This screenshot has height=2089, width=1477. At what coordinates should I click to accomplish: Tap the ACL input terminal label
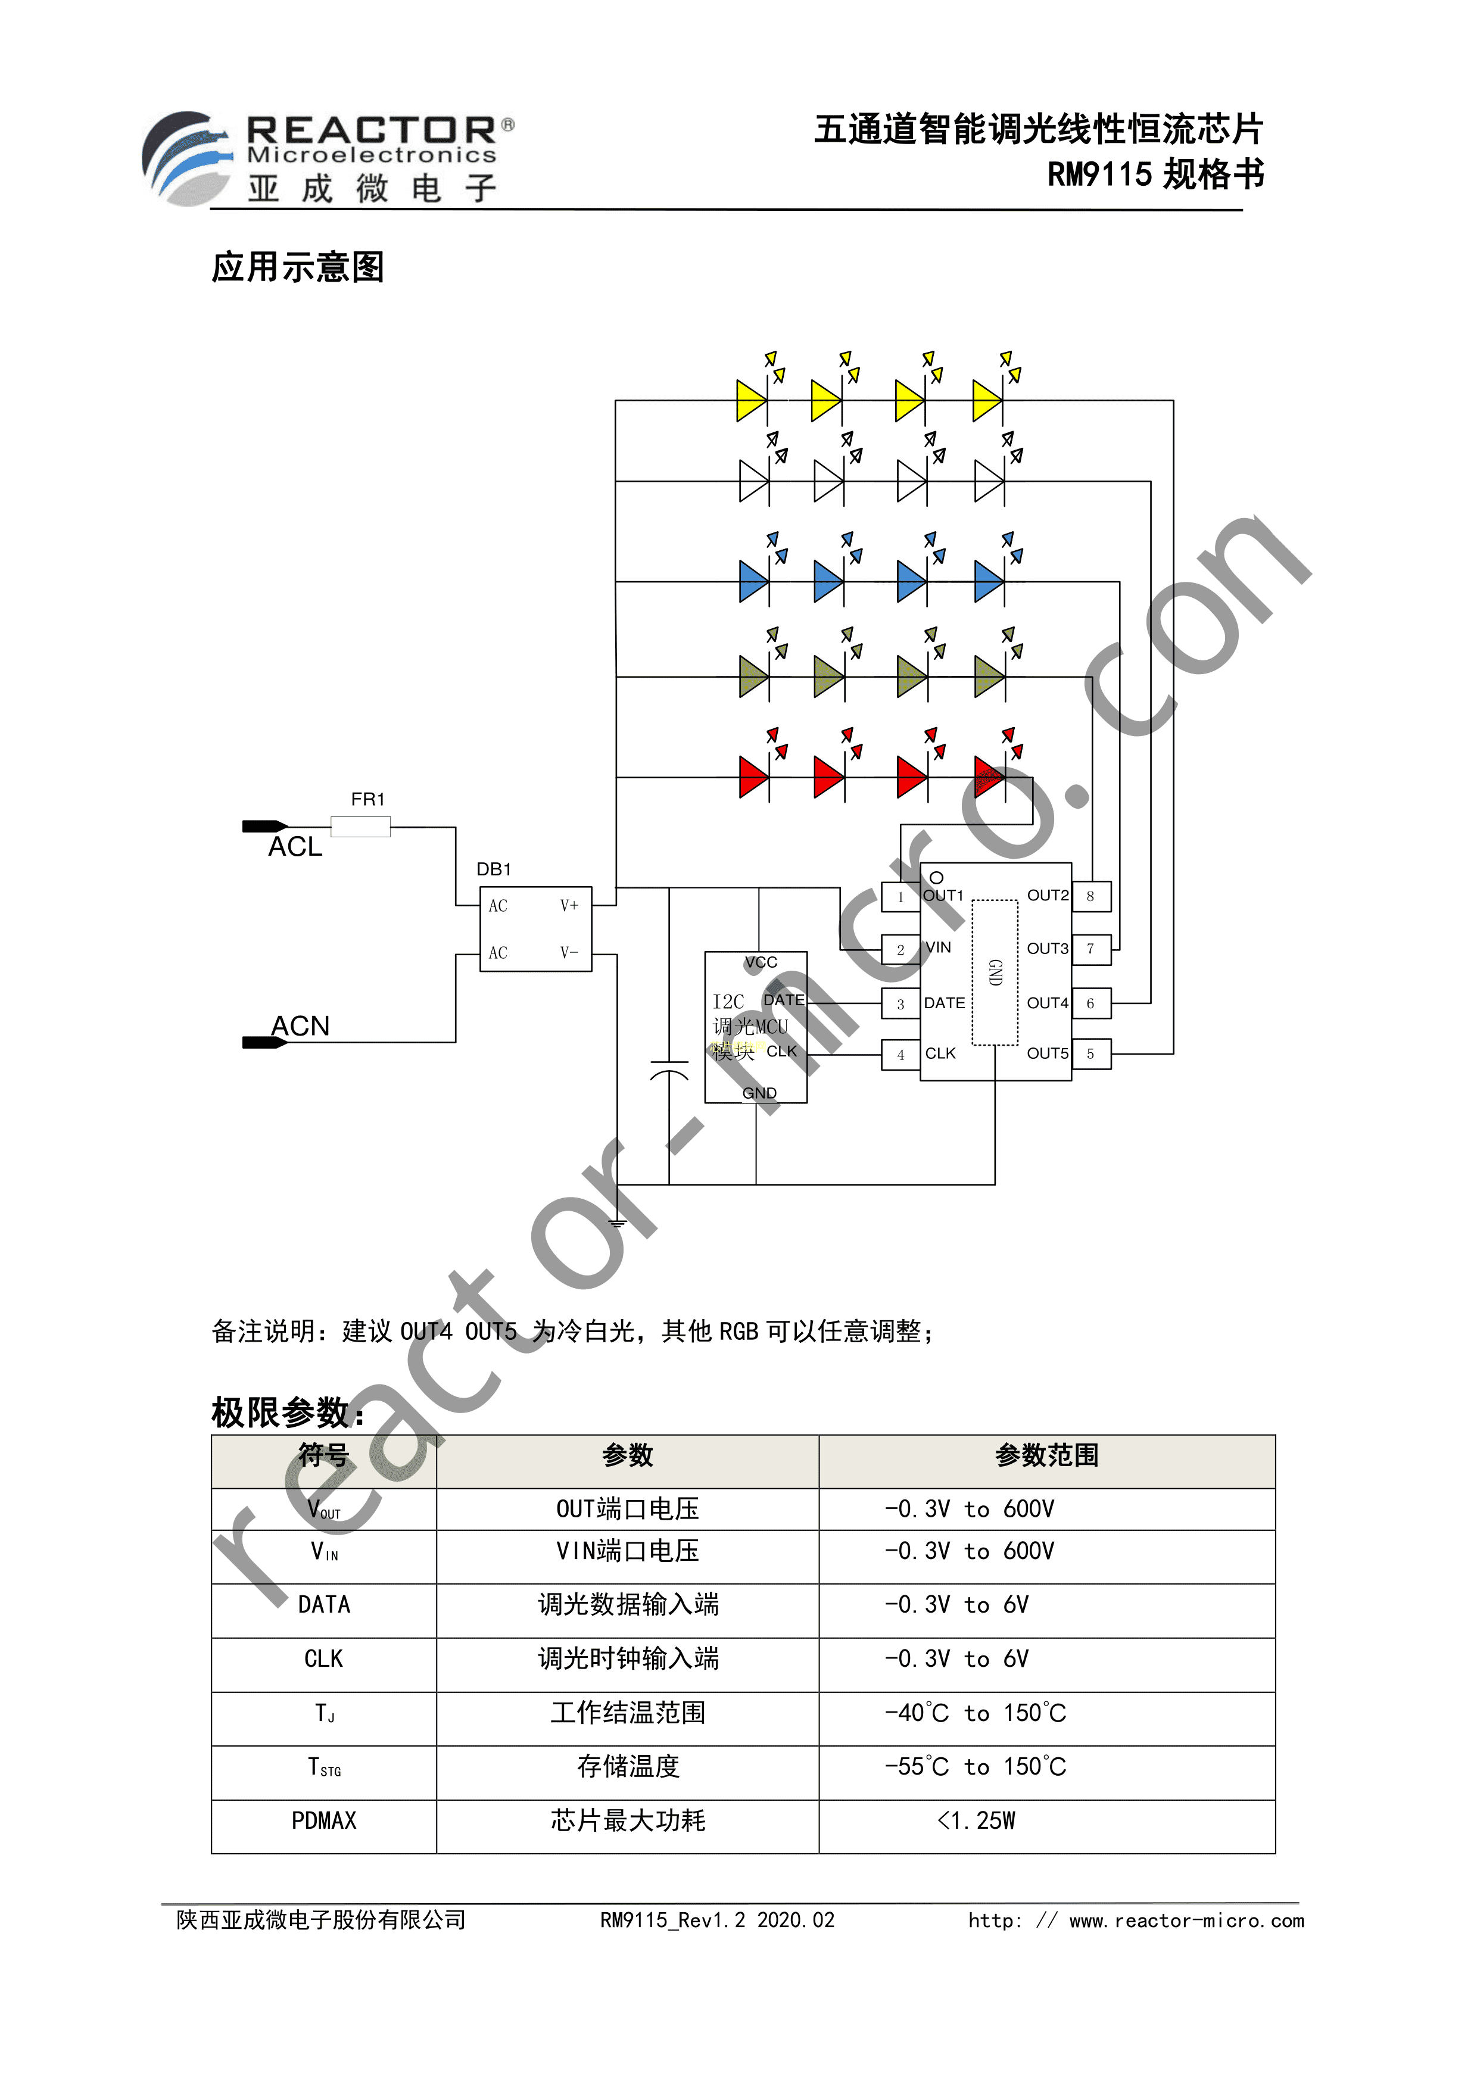295,847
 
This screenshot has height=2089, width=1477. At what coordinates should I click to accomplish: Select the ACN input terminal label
300,1026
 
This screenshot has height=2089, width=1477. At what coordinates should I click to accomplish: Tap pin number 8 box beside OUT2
1091,896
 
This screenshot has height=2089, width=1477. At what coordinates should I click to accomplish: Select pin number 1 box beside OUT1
901,897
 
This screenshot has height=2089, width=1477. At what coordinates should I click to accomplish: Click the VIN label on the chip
938,947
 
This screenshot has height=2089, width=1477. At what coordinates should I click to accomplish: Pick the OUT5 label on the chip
1048,1053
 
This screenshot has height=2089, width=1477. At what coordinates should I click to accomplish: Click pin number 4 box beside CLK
901,1055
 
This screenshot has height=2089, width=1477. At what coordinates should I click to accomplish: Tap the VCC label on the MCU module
761,962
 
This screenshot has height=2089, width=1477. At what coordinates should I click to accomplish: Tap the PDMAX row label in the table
324,1820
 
